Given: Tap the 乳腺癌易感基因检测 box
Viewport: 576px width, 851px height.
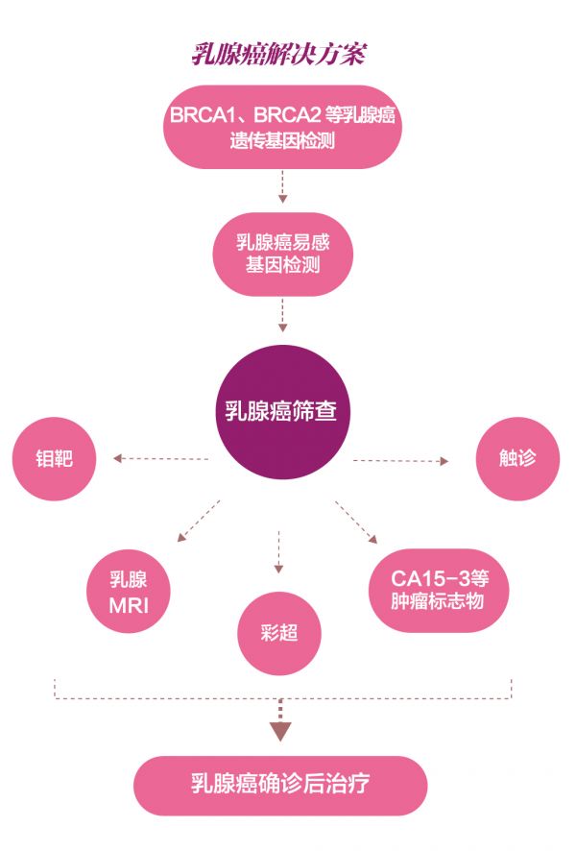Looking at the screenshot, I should [x=282, y=252].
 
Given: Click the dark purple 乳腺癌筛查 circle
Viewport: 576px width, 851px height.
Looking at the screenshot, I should [x=280, y=413].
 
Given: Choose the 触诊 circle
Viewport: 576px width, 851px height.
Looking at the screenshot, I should [x=518, y=458].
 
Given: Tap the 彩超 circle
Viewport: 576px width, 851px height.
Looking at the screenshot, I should [x=279, y=634].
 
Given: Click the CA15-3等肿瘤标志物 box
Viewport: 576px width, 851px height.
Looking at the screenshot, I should [x=438, y=590].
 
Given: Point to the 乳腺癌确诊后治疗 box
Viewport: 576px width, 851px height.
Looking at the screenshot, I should [x=279, y=784].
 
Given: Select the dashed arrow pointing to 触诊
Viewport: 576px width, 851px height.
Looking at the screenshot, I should [x=401, y=461].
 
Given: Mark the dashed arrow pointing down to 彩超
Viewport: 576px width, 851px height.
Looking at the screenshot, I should [x=279, y=552].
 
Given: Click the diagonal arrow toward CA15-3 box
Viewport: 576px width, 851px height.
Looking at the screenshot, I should [x=356, y=522].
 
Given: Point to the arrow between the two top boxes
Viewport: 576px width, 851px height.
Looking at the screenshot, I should [x=282, y=186].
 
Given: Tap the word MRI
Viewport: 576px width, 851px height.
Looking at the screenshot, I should [x=129, y=607].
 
